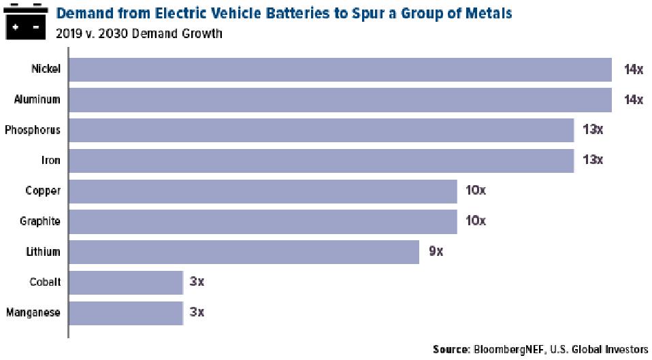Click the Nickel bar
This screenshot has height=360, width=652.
340,69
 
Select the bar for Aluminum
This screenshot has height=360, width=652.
340,99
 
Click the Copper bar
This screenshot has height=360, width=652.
263,191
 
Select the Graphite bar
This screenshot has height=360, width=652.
263,221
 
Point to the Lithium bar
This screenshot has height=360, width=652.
244,252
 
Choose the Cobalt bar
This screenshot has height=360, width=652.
126,282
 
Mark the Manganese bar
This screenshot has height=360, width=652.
126,313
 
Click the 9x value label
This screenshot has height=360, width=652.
436,252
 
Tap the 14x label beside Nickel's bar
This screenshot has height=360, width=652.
633,69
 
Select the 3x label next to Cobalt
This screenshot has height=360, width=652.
197,282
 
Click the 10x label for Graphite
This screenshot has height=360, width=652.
476,221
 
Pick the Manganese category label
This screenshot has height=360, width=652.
33,313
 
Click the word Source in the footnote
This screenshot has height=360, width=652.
450,349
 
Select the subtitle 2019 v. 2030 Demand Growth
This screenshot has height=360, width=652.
139,33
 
